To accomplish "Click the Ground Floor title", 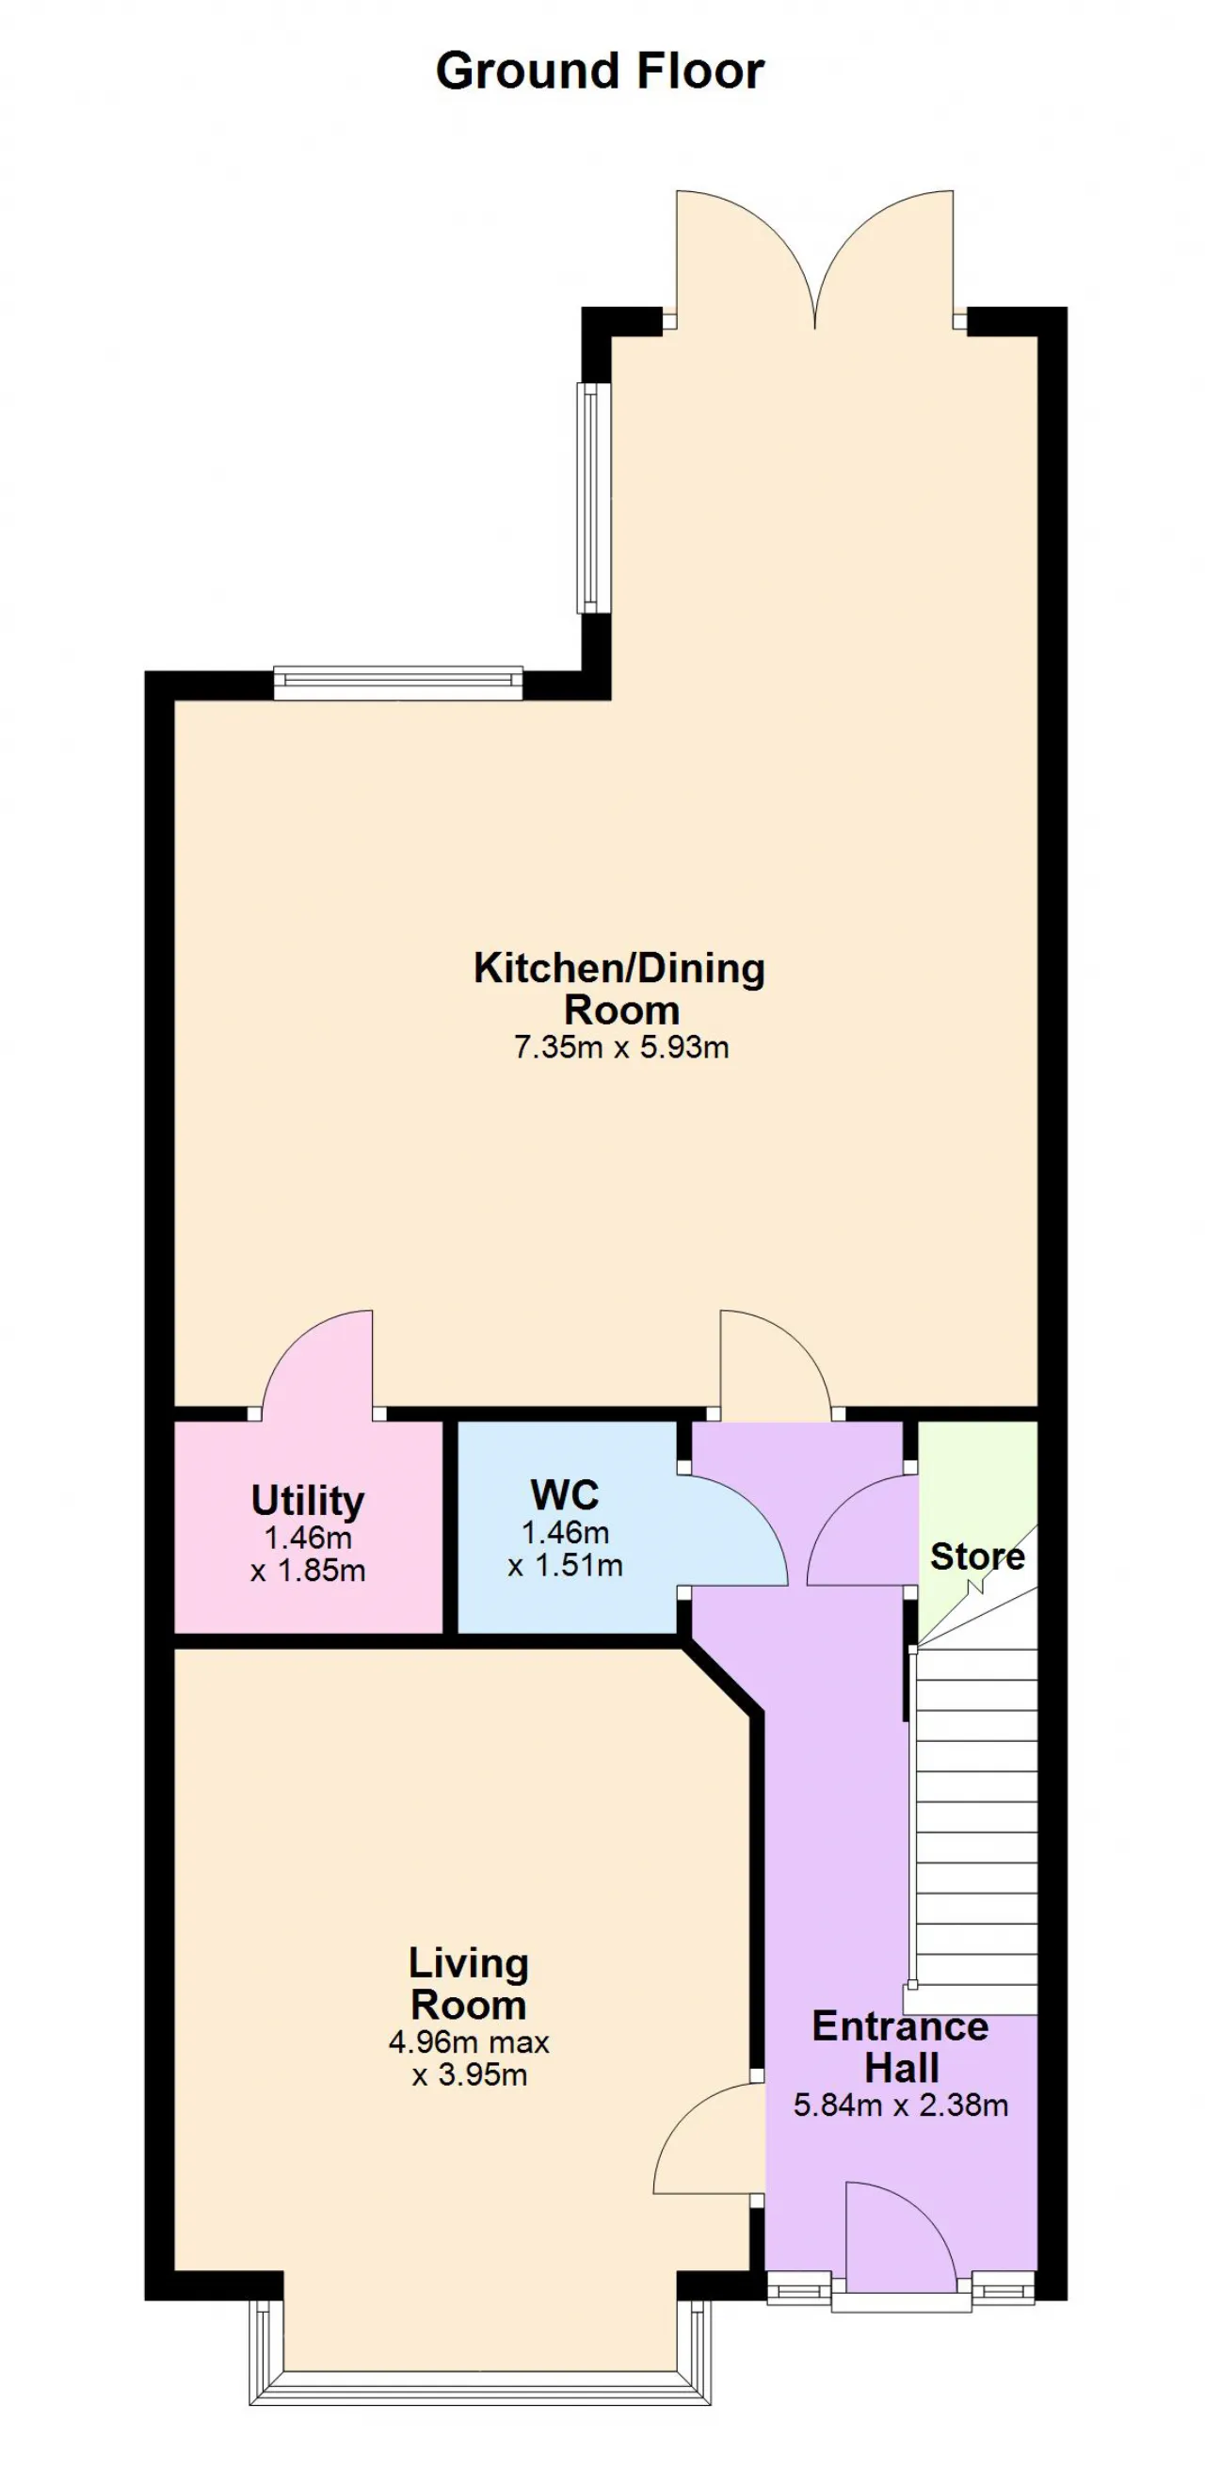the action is pyautogui.click(x=600, y=72).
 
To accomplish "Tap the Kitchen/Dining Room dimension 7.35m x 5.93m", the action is pyautogui.click(x=621, y=1047).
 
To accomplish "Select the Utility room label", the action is pyautogui.click(x=308, y=1501).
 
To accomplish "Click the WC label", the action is pyautogui.click(x=565, y=1494).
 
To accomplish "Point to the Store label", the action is pyautogui.click(x=977, y=1556).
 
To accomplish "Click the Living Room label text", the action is pyautogui.click(x=469, y=1984).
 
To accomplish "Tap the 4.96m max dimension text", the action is pyautogui.click(x=469, y=2042).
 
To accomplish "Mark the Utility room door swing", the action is pyautogui.click(x=317, y=1362).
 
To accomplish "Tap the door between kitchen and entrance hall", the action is pyautogui.click(x=776, y=1362).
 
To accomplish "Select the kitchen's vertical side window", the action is pyautogui.click(x=594, y=498).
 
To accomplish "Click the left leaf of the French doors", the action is pyautogui.click(x=746, y=259).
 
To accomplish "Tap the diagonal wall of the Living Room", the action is pyautogui.click(x=723, y=1679).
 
